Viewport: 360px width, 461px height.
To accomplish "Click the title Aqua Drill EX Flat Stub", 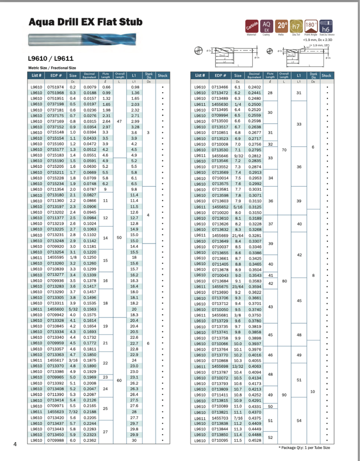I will (x=86, y=22).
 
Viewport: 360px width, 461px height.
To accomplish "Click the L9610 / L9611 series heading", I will (x=51, y=59).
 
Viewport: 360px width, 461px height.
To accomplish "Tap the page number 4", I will (x=15, y=445).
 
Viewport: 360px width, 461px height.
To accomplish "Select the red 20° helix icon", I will (x=282, y=26).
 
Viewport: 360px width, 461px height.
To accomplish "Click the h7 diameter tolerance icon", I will (x=296, y=26).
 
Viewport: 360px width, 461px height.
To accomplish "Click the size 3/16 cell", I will (x=73, y=360).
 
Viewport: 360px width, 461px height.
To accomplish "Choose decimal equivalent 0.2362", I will (x=90, y=441).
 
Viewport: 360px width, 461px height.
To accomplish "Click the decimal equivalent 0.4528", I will (x=255, y=441).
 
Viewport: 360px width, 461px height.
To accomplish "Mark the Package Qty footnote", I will (x=304, y=447).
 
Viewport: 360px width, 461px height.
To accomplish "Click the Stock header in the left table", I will (x=163, y=76).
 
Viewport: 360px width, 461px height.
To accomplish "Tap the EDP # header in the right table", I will (x=220, y=76).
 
